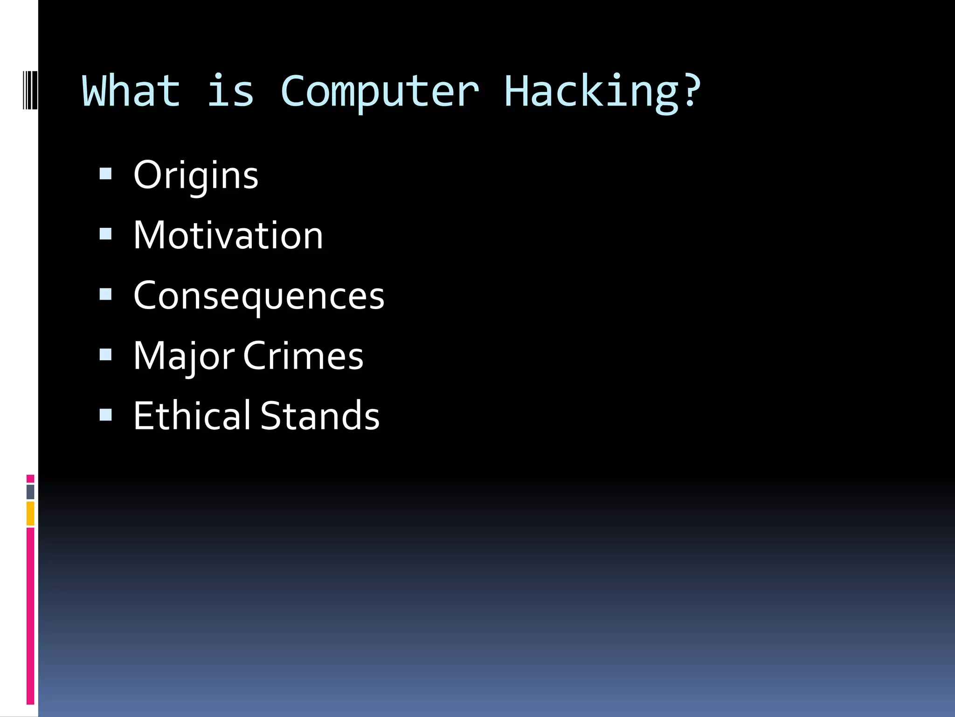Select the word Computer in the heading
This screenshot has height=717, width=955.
(379, 91)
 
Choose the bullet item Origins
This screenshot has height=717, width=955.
(196, 176)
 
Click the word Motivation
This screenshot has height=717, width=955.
(228, 235)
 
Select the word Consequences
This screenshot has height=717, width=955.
(259, 296)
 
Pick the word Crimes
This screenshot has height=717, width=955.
(303, 356)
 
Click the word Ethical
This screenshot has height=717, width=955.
(192, 415)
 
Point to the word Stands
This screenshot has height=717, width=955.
(320, 415)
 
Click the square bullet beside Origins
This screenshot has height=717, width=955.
(106, 174)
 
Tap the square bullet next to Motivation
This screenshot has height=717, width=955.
(106, 234)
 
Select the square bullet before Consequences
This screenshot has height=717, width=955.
(106, 294)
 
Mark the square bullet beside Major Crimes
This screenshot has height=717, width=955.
(106, 354)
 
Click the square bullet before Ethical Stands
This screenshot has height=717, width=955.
(106, 415)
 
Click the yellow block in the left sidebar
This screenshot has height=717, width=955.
(30, 513)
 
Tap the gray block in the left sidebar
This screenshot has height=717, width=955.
(30, 492)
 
